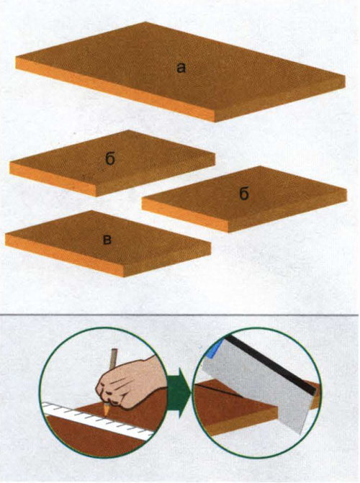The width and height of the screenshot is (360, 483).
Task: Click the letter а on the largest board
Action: [x=181, y=68]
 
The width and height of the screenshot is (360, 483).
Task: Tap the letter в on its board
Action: [x=107, y=240]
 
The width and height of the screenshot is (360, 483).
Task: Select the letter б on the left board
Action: [x=110, y=159]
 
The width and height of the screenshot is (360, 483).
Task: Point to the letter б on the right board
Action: [x=243, y=194]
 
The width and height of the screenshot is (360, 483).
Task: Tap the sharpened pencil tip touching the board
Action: [x=106, y=411]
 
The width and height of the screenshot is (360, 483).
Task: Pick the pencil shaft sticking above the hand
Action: [x=113, y=358]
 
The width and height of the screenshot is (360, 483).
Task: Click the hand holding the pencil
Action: [x=131, y=384]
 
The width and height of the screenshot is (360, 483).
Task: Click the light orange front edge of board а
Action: [x=114, y=89]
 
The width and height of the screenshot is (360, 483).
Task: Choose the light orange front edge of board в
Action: [x=64, y=255]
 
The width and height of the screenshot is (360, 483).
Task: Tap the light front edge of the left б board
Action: [x=53, y=179]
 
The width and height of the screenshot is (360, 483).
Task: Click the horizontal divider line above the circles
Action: [x=179, y=315]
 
